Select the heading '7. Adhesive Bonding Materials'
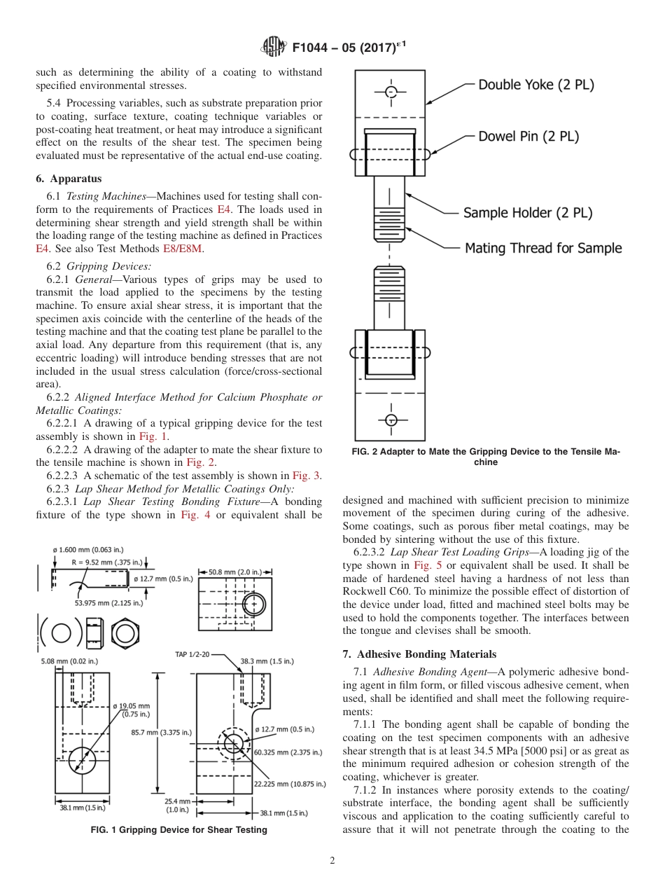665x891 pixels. tap(419, 654)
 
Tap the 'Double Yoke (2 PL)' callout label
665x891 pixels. tap(535, 85)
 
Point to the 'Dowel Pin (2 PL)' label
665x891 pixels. tap(528, 137)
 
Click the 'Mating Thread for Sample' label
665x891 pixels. tap(543, 248)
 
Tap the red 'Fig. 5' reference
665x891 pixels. tap(426, 565)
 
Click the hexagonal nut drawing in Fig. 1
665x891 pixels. tap(125, 633)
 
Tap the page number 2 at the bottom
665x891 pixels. tap(332, 861)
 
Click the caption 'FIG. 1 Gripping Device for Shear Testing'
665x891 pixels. tap(179, 830)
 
